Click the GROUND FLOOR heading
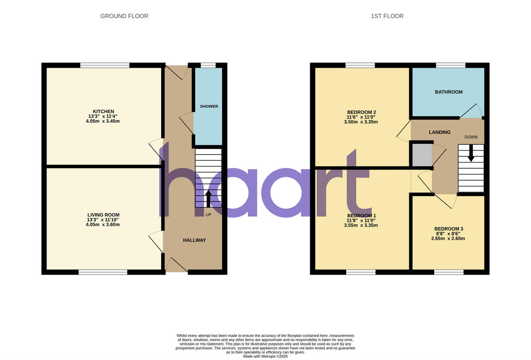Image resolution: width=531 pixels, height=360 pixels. (124, 16)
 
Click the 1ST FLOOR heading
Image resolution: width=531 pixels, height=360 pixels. (387, 16)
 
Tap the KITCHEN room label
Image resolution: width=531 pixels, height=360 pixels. (104, 111)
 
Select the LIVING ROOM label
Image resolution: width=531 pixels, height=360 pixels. (104, 215)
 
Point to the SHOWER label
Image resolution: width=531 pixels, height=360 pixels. (209, 106)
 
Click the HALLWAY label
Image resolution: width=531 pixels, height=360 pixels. (195, 240)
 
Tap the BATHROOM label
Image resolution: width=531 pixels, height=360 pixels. (449, 92)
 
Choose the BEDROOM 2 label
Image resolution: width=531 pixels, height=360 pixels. (362, 112)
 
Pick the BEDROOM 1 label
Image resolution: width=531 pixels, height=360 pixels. (362, 215)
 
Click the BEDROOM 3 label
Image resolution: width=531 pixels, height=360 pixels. (449, 228)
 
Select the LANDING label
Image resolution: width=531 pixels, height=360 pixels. (440, 132)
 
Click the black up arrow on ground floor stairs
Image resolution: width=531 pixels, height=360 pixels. (208, 198)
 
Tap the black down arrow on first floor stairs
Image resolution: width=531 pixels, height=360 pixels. (471, 153)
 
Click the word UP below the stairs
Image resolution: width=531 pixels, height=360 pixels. (208, 215)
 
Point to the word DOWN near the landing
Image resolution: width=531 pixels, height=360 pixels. (471, 137)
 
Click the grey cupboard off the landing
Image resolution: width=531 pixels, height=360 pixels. (422, 155)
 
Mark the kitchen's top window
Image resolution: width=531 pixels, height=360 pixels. (105, 66)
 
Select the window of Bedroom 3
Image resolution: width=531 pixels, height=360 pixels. (449, 272)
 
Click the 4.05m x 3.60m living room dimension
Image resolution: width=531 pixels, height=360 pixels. (104, 225)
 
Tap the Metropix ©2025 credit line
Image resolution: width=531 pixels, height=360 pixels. (265, 356)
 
